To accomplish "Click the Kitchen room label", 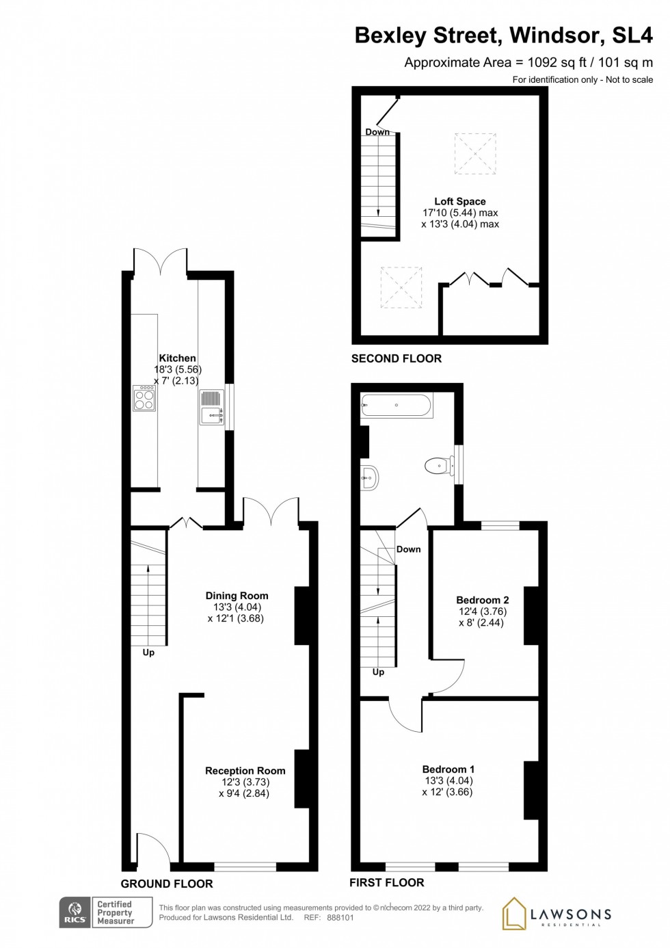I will (177, 358).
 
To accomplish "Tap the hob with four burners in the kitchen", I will (144, 399).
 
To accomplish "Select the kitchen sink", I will (211, 407).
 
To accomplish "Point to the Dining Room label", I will (237, 596).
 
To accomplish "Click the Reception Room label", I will (245, 771).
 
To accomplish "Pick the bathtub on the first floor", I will (396, 406).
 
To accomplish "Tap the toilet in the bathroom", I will (439, 466).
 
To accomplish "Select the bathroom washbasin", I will (369, 477).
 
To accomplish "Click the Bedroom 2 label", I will (483, 600).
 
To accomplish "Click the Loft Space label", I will (460, 201).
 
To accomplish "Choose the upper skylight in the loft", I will (475, 153).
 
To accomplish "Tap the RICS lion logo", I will (75, 912).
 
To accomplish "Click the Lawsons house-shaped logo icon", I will (514, 913).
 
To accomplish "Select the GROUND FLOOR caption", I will (167, 884).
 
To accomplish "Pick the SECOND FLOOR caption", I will (397, 358).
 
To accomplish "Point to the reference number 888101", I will (340, 918).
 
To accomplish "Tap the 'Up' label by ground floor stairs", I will (148, 653).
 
